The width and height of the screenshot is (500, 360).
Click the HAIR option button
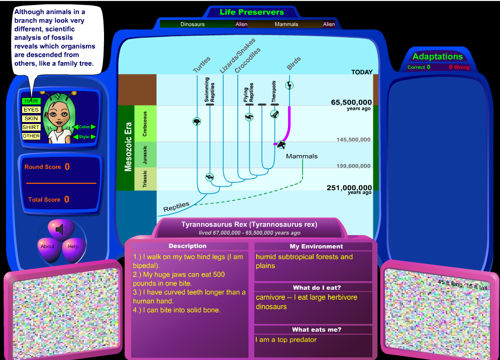(x=31, y=101)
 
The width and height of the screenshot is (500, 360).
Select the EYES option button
(x=31, y=110)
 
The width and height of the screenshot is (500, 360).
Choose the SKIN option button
(x=31, y=118)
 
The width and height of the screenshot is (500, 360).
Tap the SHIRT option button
(x=31, y=128)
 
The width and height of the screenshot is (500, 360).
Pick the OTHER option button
(x=31, y=136)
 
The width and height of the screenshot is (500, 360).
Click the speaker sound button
(x=61, y=229)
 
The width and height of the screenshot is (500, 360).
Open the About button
(x=48, y=247)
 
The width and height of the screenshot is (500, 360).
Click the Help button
(x=73, y=247)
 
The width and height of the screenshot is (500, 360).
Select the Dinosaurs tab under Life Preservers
(x=192, y=24)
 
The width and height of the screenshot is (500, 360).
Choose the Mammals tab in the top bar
(x=286, y=24)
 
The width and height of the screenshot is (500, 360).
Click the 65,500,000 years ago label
(x=351, y=103)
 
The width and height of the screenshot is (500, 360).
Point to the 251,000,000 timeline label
(x=349, y=188)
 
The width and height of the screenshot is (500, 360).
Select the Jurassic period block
(x=145, y=155)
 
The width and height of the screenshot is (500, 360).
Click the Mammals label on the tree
(x=302, y=156)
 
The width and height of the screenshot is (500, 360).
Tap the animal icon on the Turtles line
(x=197, y=122)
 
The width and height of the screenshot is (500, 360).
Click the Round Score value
(x=67, y=167)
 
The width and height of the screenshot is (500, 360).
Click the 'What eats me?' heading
(x=317, y=330)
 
